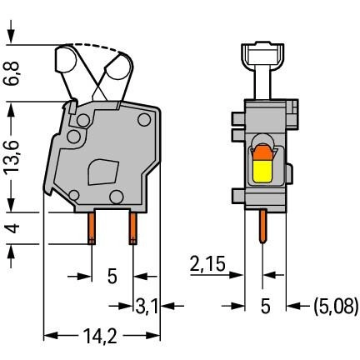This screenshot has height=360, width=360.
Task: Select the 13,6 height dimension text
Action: click(12, 156)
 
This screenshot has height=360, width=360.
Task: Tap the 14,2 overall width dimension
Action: click(100, 337)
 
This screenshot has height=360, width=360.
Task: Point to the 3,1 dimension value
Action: click(147, 307)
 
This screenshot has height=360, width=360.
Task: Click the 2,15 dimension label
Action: click(207, 263)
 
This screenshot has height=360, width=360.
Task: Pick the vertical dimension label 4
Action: click(13, 228)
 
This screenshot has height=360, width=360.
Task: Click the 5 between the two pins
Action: click(112, 277)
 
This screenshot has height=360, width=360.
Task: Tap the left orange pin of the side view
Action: click(92, 228)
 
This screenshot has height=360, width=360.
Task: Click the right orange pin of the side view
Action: click(133, 228)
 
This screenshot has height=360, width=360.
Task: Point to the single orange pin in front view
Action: click(262, 226)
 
